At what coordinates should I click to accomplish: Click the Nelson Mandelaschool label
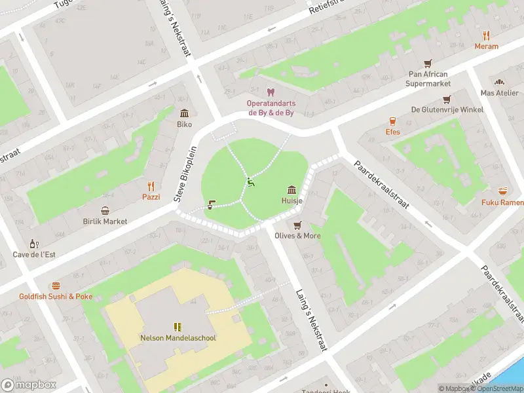(178, 338)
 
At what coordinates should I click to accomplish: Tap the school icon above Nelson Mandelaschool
(178, 326)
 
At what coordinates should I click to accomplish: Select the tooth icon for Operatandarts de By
(270, 93)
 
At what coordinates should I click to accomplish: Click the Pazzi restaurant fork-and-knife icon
(151, 185)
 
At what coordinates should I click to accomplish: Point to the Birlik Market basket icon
(105, 210)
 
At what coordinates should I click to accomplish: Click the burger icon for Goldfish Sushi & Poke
(56, 286)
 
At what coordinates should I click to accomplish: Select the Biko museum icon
(184, 113)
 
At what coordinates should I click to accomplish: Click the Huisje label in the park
(292, 201)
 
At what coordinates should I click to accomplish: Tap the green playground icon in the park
(250, 182)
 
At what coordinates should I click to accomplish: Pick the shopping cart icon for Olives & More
(297, 225)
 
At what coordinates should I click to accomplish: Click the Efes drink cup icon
(392, 121)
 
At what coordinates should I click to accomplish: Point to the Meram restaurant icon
(486, 35)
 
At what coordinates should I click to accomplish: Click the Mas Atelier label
(499, 93)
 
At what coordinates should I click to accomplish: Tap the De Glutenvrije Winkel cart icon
(447, 99)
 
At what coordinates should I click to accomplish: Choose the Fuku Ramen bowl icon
(503, 191)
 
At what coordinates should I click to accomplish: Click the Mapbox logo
(29, 385)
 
